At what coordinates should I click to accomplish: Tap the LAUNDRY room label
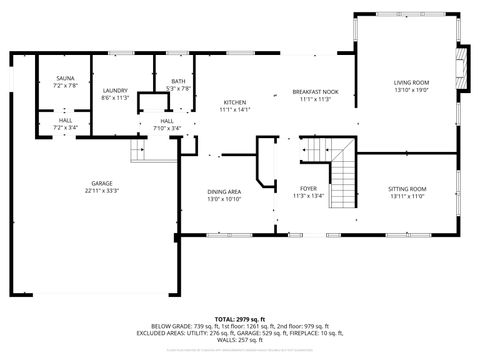pos(114,91)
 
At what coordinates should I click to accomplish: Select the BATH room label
pos(178,82)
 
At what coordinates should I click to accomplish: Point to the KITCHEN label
pos(234,102)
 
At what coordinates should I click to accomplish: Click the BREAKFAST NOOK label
pos(315,92)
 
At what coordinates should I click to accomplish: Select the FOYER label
pos(309,188)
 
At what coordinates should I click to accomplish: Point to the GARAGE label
pos(102,183)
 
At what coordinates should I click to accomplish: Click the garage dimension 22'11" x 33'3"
pos(102,191)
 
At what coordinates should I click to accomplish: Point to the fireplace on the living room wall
pos(462,68)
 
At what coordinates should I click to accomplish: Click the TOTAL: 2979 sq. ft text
pos(240,318)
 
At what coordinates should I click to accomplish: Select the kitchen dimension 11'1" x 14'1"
pos(234,110)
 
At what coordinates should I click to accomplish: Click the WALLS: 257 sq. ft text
pos(240,340)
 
